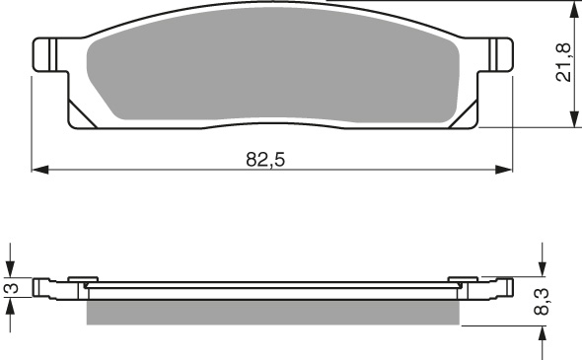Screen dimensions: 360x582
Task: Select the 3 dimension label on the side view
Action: pos(10,288)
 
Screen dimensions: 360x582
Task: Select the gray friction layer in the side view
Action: pos(273,311)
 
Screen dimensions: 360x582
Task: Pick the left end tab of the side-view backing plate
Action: pos(41,287)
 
